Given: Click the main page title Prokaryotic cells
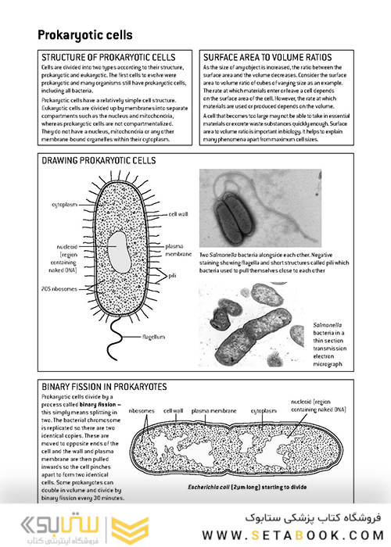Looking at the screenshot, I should [x=85, y=35].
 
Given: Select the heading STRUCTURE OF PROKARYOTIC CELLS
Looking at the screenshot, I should [x=108, y=58].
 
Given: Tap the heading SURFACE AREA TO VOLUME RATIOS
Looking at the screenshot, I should [x=267, y=58].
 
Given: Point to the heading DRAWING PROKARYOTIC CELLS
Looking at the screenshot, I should [x=99, y=160].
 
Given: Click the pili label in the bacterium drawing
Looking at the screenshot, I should [x=170, y=276].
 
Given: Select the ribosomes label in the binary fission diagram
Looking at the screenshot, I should [x=142, y=409].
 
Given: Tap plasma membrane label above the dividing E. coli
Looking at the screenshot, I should [x=212, y=409].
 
